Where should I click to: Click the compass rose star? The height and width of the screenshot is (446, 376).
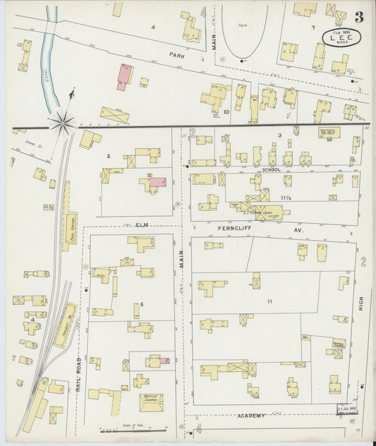point(62,122)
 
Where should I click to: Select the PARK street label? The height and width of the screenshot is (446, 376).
point(176,54)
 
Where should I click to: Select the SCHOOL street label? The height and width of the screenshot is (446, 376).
point(271,170)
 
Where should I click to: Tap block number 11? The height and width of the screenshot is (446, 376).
point(269,301)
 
